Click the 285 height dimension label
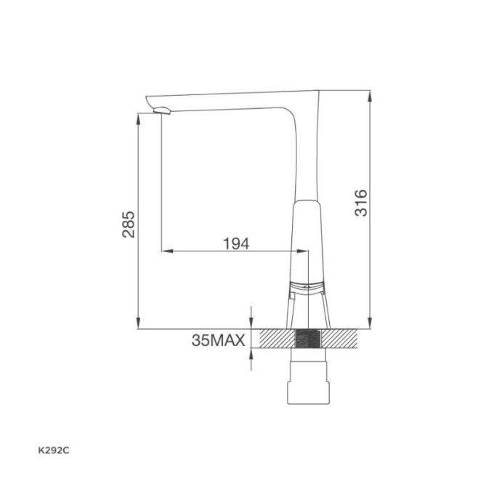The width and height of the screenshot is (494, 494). (x=127, y=224)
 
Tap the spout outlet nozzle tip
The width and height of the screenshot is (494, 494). (x=161, y=110)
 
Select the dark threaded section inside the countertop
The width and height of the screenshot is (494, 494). (x=309, y=339)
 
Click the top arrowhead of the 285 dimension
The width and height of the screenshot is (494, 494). (x=138, y=117)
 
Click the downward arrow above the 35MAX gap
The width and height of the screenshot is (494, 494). (x=251, y=324)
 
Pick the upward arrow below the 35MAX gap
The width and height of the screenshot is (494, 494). (x=251, y=354)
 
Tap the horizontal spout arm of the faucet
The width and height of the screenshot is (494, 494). (x=232, y=100)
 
